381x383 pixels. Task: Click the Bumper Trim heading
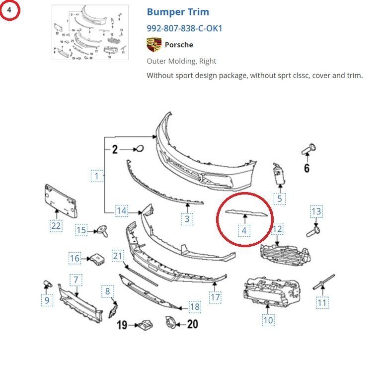click(x=178, y=12)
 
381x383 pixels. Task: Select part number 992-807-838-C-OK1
click(x=184, y=28)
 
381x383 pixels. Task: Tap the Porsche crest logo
click(x=154, y=45)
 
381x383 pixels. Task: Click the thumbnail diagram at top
click(x=90, y=32)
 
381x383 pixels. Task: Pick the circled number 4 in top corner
click(x=9, y=9)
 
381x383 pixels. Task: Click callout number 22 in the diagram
click(x=56, y=226)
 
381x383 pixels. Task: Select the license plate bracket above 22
click(x=60, y=200)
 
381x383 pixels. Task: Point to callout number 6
click(x=306, y=168)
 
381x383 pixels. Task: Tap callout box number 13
click(x=316, y=211)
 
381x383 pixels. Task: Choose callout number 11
click(x=322, y=302)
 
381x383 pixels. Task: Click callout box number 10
click(x=268, y=320)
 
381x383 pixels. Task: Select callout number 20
click(x=192, y=324)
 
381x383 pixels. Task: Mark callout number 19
click(x=122, y=325)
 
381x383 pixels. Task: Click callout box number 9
click(x=47, y=300)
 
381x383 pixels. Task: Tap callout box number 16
click(x=75, y=258)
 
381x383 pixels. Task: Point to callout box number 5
click(x=280, y=199)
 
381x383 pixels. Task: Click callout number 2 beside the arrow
click(x=115, y=148)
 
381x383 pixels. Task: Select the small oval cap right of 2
click(x=140, y=148)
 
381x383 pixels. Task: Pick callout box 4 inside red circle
click(x=244, y=230)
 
